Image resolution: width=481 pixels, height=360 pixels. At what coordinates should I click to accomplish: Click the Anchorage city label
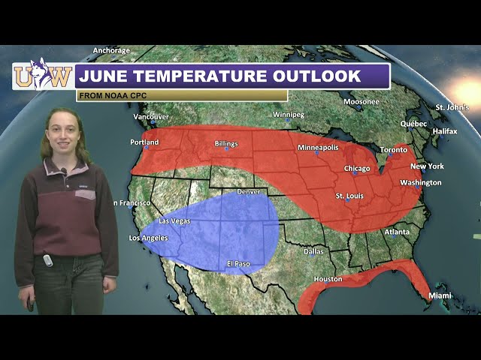point(111,51)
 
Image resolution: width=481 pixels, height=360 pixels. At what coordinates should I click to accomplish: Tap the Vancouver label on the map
point(151,117)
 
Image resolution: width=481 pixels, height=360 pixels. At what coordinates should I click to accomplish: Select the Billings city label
point(226,143)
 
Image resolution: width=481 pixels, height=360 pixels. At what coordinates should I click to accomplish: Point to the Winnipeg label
point(289,115)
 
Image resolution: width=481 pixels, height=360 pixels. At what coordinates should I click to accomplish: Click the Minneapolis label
point(318,148)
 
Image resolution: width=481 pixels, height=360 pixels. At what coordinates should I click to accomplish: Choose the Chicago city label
point(357,169)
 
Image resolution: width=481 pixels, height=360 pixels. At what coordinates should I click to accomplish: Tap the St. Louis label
point(349,196)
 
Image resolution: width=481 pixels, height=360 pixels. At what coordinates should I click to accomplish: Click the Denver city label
point(249,192)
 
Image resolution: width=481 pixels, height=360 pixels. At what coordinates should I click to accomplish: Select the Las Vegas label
point(174,221)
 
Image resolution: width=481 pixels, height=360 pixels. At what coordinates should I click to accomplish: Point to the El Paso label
point(239,264)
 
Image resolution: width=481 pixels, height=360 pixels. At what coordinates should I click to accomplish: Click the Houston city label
point(328,279)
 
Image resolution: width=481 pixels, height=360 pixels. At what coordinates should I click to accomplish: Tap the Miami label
point(440,296)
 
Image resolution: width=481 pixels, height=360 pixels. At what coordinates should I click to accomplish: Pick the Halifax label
point(445,131)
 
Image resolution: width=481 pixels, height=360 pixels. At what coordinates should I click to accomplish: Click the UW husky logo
point(43,75)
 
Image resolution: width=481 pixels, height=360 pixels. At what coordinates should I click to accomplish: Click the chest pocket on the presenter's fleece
point(85,194)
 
